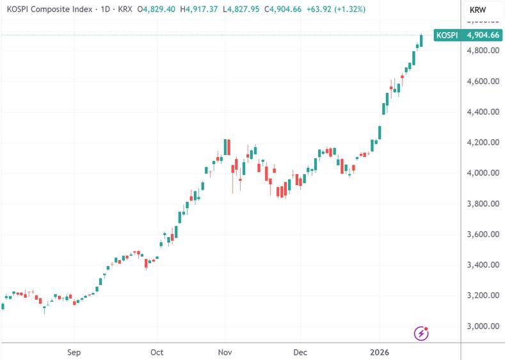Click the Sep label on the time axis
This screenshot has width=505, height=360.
(74, 352)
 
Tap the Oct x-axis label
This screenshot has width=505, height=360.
(157, 352)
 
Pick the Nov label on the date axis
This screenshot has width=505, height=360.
(225, 352)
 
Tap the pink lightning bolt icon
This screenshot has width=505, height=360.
(422, 332)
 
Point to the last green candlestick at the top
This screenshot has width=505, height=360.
(421, 40)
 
